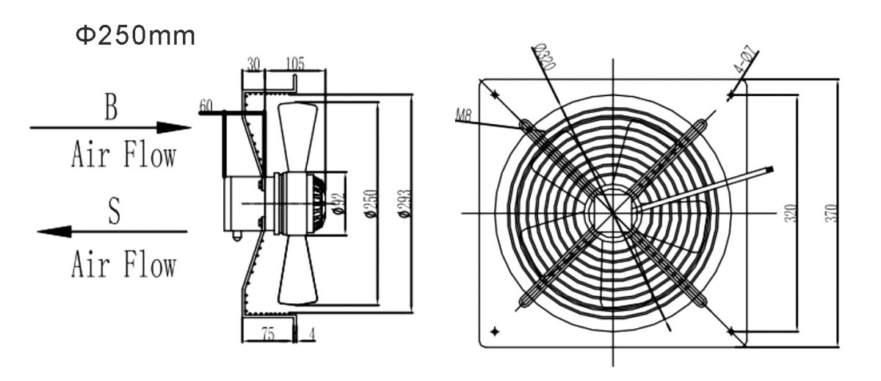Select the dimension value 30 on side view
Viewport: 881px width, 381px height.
(253, 64)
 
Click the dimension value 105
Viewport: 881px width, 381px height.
(294, 64)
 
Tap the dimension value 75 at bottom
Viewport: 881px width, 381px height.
(267, 334)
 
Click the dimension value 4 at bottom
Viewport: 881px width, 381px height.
(312, 334)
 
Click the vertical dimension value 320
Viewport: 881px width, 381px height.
(789, 213)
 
